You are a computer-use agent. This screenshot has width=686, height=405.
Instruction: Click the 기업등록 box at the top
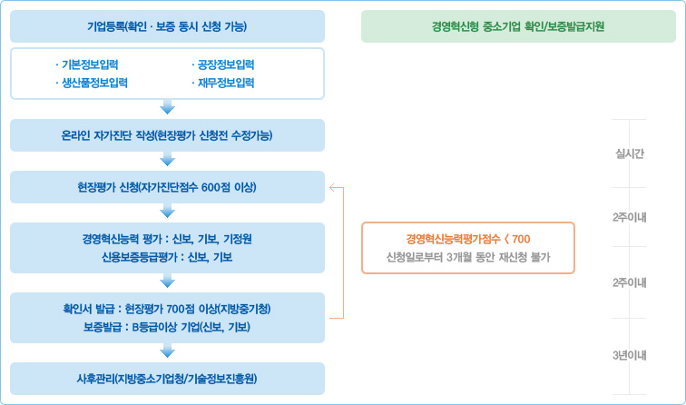click(x=167, y=26)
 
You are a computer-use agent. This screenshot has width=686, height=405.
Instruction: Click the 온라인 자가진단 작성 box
click(x=167, y=135)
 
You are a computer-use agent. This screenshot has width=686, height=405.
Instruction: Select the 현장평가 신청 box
click(x=167, y=187)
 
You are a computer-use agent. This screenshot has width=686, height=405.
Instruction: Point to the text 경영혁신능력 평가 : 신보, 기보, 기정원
click(x=167, y=239)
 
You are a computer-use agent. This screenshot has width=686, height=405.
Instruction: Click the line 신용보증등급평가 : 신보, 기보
click(x=167, y=257)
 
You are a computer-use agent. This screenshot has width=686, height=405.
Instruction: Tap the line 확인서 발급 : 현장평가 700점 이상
click(x=167, y=309)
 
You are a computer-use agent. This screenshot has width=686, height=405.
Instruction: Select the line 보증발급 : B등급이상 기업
click(x=167, y=327)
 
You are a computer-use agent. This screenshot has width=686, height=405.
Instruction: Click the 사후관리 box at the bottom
click(x=167, y=379)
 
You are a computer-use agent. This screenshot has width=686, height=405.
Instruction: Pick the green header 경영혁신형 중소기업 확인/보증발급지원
click(x=519, y=26)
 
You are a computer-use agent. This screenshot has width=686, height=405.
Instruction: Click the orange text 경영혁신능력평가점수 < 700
click(x=468, y=238)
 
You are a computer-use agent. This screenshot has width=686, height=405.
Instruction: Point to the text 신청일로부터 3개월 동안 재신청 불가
click(x=468, y=257)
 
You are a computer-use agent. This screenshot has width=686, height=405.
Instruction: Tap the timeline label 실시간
click(x=629, y=153)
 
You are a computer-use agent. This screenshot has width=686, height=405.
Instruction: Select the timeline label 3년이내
click(x=629, y=355)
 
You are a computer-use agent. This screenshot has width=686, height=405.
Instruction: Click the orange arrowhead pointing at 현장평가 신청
click(x=333, y=188)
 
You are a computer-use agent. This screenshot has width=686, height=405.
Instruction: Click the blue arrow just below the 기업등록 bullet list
click(x=167, y=108)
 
